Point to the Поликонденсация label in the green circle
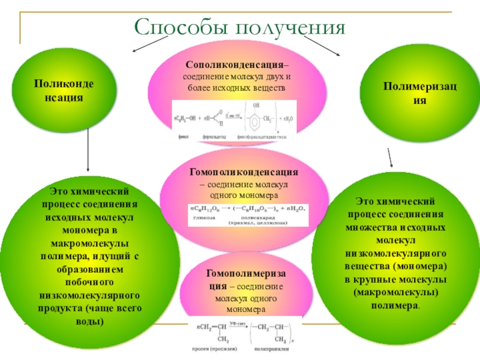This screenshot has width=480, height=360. pos(59,91)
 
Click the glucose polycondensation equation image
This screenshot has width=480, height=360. pos(248,214)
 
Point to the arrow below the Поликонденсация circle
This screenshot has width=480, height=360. pos(89,151)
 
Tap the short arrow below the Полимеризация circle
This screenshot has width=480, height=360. pos(389,158)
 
